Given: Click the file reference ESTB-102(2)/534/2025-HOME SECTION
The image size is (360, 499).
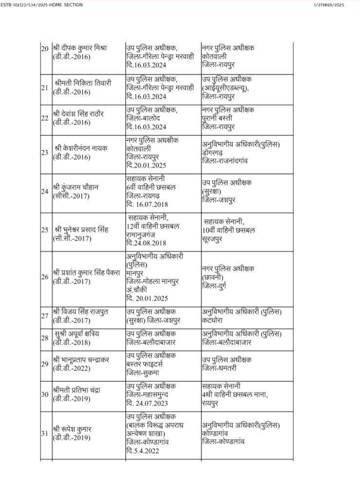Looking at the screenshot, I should tap(42, 5).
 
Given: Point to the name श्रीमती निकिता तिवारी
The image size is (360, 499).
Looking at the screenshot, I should tap(83, 83).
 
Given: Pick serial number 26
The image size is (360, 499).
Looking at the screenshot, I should tap(44, 277).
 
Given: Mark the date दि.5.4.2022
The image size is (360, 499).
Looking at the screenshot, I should tap(145, 450).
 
